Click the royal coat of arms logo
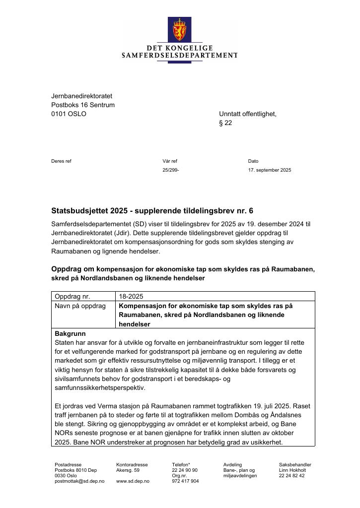(179, 29)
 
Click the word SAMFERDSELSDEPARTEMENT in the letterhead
(179, 56)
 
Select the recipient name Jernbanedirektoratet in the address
(81, 96)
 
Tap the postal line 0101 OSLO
(69, 114)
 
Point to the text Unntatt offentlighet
(247, 114)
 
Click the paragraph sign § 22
(225, 123)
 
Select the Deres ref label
(61, 161)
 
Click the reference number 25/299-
(170, 170)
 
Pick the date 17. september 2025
(270, 170)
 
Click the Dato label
(253, 161)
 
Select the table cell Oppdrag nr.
(72, 297)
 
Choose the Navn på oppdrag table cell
(80, 306)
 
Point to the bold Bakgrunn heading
(70, 334)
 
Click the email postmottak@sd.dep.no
(79, 481)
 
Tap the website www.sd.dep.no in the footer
(133, 481)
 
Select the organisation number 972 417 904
(185, 481)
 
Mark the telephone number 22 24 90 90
(185, 470)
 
